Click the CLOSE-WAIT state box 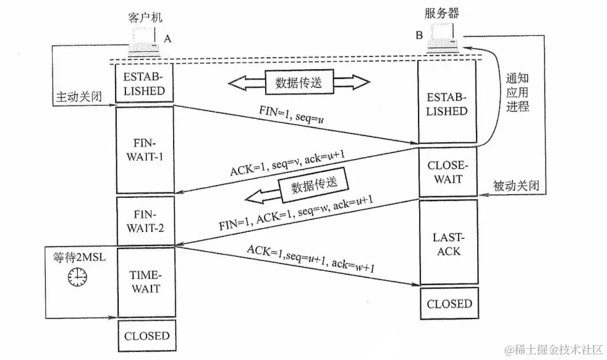449,173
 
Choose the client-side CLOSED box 146,336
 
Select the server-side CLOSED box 449,304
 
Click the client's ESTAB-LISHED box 145,84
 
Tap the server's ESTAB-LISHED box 449,104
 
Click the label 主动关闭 79,98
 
